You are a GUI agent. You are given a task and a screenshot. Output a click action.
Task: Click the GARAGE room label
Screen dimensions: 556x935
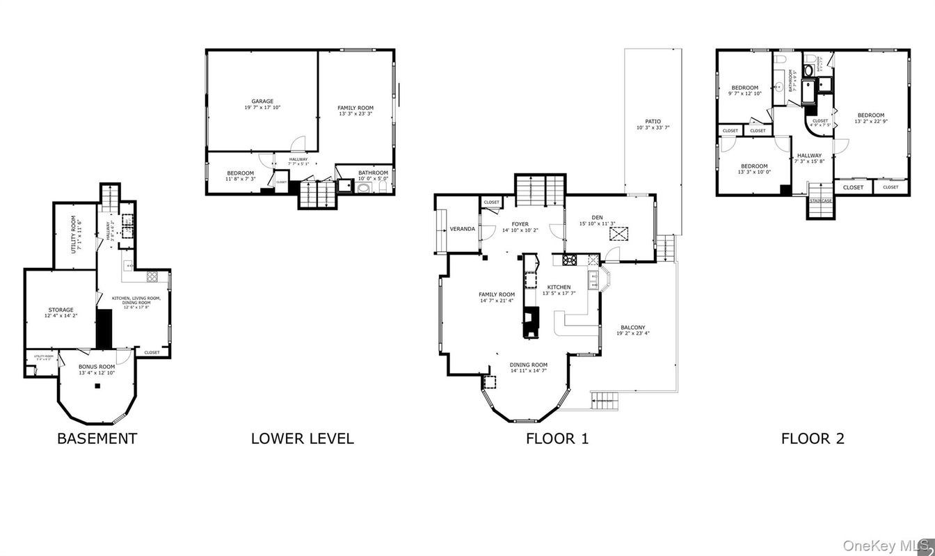click(262, 102)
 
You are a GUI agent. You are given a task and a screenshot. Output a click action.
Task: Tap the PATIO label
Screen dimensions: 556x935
click(653, 121)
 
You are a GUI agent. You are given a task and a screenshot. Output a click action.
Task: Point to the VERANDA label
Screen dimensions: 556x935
click(462, 229)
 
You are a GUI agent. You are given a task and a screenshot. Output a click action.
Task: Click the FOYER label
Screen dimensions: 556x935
click(520, 224)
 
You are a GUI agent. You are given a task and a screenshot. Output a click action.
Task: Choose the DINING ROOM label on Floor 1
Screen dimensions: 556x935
click(529, 365)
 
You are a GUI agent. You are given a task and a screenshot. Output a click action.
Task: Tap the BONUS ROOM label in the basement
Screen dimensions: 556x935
click(97, 367)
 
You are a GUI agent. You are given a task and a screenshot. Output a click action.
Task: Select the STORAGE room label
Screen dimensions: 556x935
click(61, 310)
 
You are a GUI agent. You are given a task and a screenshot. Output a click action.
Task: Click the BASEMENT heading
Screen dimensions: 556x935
click(97, 438)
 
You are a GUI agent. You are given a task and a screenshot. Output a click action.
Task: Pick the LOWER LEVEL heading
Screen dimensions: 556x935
click(302, 438)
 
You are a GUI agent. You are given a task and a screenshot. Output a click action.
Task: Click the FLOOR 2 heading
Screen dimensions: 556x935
click(813, 438)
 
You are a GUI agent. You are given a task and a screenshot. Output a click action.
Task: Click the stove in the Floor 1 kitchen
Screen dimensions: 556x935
click(570, 260)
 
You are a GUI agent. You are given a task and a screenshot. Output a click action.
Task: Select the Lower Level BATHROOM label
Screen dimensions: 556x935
click(373, 173)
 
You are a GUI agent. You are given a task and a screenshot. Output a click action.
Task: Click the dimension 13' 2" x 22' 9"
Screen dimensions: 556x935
click(870, 121)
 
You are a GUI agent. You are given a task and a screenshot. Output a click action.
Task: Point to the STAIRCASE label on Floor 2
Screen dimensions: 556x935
click(820, 200)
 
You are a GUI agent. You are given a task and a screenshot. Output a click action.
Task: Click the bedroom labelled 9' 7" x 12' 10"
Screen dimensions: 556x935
click(744, 93)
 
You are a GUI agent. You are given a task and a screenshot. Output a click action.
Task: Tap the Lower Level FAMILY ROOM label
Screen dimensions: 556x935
click(355, 108)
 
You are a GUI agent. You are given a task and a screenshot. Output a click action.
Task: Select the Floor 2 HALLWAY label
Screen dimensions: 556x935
click(809, 156)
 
